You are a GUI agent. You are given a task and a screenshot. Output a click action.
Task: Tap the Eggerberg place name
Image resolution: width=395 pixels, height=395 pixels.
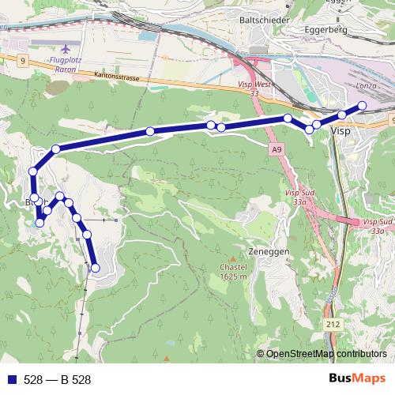(327, 31)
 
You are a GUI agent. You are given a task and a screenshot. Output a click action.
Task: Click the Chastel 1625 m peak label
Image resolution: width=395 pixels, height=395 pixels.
(234, 272)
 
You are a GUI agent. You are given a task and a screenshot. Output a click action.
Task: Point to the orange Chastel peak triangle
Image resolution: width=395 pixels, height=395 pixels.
(233, 258)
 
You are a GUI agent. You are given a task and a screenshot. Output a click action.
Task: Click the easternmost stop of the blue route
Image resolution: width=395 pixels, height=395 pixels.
(363, 105)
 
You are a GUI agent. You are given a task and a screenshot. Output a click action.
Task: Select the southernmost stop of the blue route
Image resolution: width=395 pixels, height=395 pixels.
(96, 268)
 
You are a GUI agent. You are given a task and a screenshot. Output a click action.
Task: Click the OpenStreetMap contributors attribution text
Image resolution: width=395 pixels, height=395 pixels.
(326, 354)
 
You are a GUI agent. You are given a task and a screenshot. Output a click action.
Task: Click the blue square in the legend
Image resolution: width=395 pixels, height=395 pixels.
(11, 380)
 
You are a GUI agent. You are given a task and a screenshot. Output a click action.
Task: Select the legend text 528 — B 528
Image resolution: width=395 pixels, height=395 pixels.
(58, 380)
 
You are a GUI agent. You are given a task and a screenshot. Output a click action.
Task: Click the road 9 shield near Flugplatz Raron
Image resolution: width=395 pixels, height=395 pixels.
(24, 60)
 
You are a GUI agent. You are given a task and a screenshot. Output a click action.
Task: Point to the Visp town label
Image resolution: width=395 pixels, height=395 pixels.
(341, 131)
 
